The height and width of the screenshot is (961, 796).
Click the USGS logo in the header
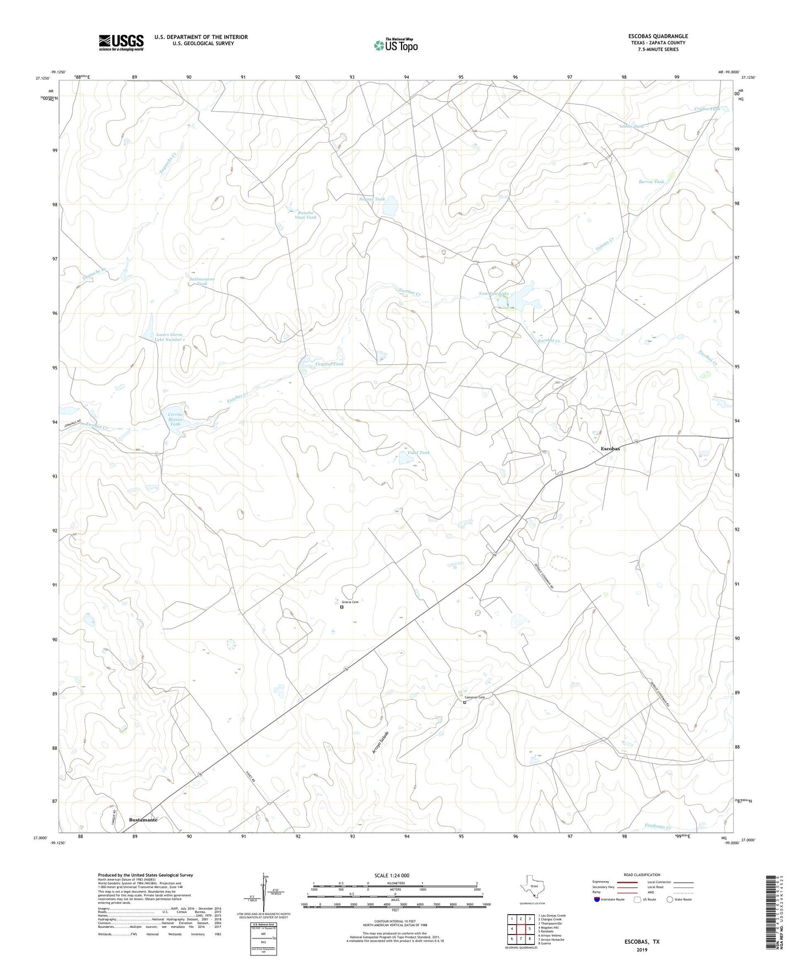tap(121, 42)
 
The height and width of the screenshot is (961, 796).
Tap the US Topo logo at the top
tap(395, 45)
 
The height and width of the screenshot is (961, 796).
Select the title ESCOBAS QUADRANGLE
tap(658, 36)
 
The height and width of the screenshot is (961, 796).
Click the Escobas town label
tap(610, 449)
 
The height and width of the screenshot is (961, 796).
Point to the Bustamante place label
tap(143, 820)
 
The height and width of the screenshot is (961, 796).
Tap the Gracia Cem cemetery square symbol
tap(342, 608)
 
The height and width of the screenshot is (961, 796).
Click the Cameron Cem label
tap(475, 697)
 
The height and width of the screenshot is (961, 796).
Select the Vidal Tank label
tap(418, 452)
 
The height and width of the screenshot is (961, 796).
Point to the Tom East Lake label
tap(494, 294)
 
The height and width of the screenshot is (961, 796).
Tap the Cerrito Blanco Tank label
tap(175, 419)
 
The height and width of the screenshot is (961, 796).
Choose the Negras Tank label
tap(372, 199)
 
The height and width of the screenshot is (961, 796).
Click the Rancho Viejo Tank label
tap(306, 215)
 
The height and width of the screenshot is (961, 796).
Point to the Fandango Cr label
tap(657, 827)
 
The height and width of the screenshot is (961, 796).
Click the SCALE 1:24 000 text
tap(392, 875)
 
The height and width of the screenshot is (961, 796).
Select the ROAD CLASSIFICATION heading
tap(642, 875)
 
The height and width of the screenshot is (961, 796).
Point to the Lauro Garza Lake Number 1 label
tap(169, 337)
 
